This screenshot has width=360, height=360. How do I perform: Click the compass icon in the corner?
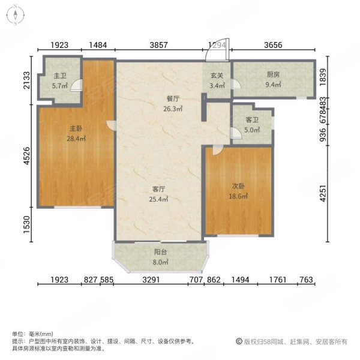point(16,16)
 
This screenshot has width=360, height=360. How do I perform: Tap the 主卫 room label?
point(60,76)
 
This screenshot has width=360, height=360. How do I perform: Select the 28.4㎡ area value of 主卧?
point(76,139)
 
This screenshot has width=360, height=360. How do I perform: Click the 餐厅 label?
point(173,99)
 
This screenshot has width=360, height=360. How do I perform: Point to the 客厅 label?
point(158,189)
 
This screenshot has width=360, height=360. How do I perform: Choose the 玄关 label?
point(217,76)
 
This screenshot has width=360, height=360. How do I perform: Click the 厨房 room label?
point(273,74)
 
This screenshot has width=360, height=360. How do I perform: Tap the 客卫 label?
point(252,119)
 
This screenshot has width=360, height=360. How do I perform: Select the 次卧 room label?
point(238,186)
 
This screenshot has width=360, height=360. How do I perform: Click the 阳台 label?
point(160,252)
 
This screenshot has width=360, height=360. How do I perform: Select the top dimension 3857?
point(158,45)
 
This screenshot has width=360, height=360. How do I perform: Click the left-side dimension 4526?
point(26,155)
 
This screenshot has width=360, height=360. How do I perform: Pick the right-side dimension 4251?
point(323,193)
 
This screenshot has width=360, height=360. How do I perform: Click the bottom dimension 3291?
point(151,280)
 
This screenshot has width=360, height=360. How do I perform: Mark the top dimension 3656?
point(273,45)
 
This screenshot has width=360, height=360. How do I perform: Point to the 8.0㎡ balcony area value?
point(160,262)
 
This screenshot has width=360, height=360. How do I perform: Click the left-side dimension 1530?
point(26,224)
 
